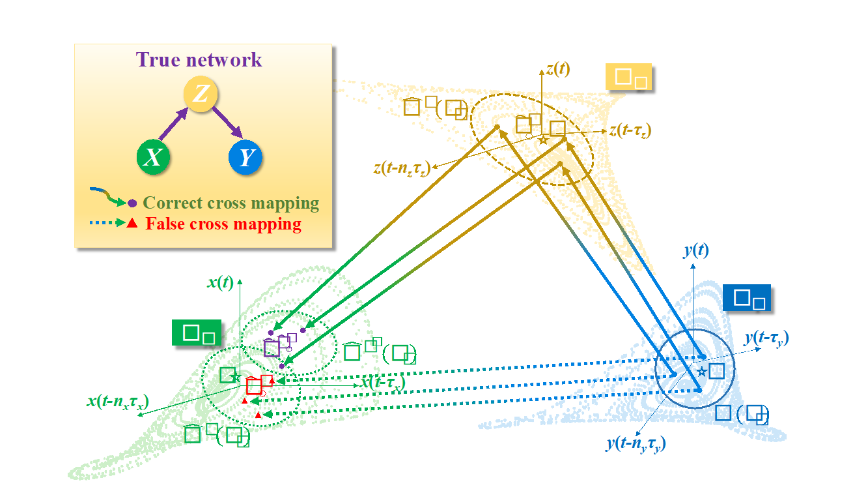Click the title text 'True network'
199,60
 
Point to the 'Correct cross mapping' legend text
231,203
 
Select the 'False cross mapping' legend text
223,224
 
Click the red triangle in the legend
132,224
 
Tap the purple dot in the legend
132,203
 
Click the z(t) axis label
558,69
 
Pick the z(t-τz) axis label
630,130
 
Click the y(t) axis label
696,250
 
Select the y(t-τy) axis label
766,338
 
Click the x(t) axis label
221,282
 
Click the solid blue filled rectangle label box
746,298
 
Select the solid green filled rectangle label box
196,333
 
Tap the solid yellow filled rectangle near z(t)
628,77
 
